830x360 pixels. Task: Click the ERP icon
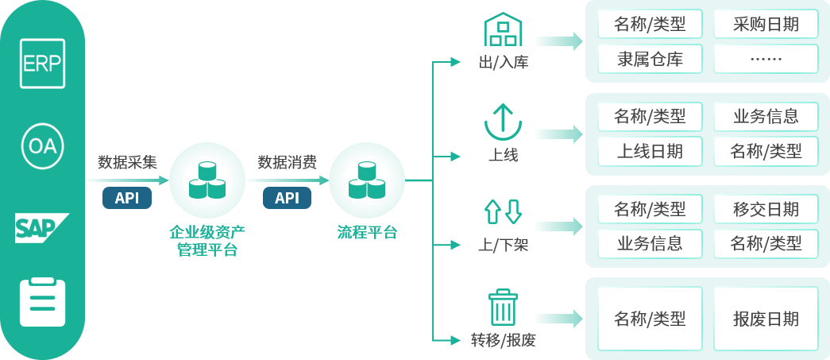click(x=42, y=64)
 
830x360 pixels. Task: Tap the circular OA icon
click(x=42, y=147)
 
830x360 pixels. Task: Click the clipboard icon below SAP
click(x=42, y=302)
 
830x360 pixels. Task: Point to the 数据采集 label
click(x=127, y=163)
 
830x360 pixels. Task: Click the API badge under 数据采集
click(x=127, y=198)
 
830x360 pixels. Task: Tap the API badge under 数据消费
click(x=287, y=198)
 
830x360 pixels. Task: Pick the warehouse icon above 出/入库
click(x=502, y=33)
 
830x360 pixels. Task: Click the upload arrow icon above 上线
click(x=502, y=122)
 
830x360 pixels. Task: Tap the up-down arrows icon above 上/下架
click(x=502, y=211)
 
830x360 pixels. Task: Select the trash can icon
click(x=502, y=307)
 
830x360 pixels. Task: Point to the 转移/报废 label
click(x=504, y=341)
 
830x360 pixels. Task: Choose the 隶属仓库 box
click(x=650, y=59)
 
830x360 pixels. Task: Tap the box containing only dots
click(x=766, y=59)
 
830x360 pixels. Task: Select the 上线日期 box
click(x=650, y=150)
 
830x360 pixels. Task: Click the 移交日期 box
click(x=766, y=210)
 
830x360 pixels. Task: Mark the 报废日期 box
click(x=766, y=319)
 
